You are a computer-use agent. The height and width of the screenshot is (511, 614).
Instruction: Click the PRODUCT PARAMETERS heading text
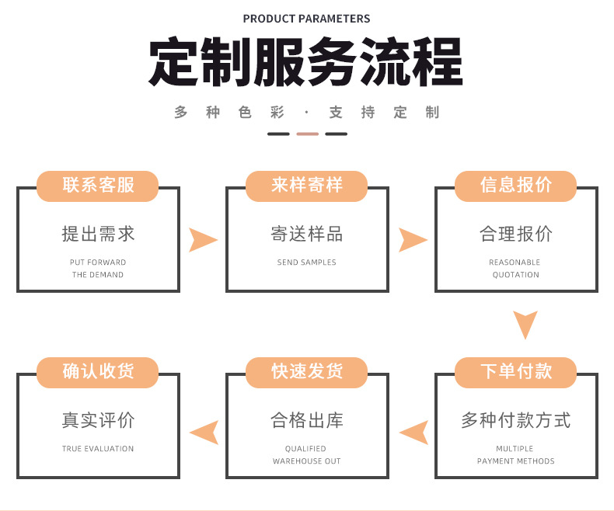click(306, 19)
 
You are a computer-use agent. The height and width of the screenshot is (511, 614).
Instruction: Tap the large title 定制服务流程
click(306, 62)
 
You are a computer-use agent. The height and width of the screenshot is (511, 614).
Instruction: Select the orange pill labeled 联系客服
click(98, 185)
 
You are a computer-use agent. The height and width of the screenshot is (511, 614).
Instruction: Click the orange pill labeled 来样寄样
click(307, 185)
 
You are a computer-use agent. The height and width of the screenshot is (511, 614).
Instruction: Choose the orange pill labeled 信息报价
click(516, 185)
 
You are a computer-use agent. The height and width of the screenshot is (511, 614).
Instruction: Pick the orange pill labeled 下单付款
click(516, 371)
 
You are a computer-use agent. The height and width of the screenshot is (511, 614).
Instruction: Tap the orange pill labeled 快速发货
click(307, 371)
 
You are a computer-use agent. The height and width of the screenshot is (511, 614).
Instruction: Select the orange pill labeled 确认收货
click(98, 371)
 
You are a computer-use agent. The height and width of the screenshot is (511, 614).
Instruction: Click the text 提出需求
click(98, 234)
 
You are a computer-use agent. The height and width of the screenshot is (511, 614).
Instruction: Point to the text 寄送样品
click(307, 234)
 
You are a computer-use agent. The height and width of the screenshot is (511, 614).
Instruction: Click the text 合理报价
click(516, 234)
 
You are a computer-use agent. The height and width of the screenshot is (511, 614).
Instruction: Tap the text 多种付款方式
click(516, 421)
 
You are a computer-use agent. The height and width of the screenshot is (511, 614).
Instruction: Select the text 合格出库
click(307, 421)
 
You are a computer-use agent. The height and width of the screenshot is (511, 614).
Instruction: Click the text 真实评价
click(98, 421)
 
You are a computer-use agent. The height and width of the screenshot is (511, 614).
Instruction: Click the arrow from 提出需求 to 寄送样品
click(202, 240)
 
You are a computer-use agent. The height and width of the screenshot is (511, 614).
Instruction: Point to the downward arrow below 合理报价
click(525, 324)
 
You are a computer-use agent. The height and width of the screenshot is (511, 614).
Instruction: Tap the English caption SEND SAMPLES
click(307, 262)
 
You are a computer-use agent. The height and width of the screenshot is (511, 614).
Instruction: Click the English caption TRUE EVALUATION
click(98, 449)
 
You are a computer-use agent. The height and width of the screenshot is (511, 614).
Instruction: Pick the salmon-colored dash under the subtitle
click(307, 134)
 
